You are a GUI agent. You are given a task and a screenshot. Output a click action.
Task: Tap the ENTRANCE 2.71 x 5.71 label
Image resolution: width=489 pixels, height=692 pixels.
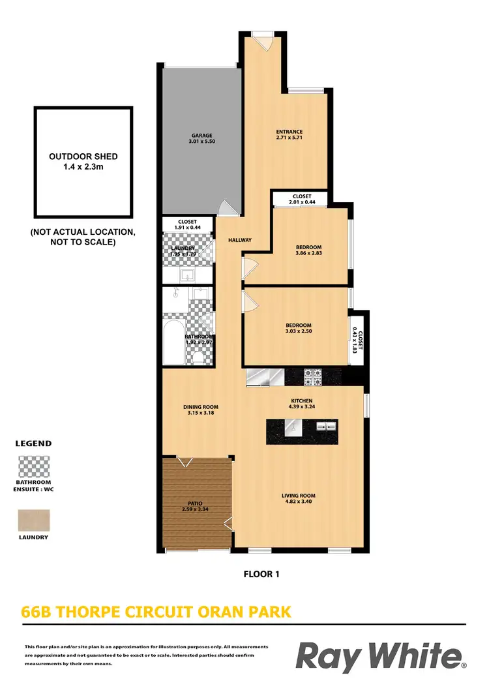[289, 135]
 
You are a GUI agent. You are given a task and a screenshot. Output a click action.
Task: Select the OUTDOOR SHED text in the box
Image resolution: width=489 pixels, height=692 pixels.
[83, 161]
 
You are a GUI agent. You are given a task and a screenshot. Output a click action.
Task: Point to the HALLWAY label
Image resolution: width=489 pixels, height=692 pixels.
[239, 240]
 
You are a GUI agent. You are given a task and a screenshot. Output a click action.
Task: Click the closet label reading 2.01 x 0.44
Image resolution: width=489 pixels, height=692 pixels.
[301, 199]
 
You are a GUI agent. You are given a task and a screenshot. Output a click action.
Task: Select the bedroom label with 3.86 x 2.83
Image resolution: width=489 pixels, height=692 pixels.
[308, 250]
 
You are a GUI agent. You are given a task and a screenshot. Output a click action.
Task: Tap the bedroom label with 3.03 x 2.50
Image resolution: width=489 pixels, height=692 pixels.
[298, 329]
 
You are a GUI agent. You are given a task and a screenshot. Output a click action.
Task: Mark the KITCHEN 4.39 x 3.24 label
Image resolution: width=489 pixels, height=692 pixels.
[302, 404]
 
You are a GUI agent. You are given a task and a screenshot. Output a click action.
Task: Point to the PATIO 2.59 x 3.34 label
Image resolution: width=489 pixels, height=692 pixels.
[194, 507]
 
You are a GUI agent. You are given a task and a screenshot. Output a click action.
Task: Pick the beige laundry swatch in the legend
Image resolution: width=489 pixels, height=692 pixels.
[33, 520]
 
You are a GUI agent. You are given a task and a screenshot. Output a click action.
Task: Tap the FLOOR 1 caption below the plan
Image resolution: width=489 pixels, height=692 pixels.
[261, 575]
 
